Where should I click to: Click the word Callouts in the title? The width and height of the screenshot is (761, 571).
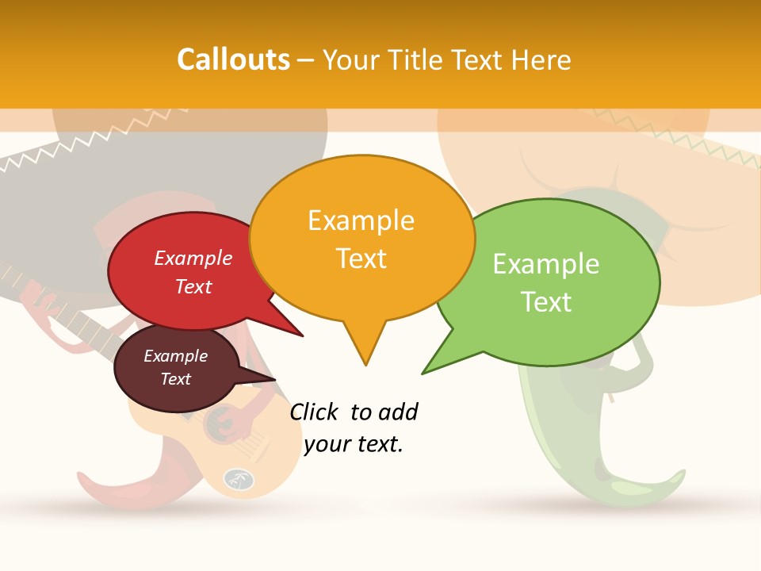click(233, 59)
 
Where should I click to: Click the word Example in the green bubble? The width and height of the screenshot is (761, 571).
click(545, 264)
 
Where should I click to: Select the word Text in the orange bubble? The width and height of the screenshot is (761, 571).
click(361, 258)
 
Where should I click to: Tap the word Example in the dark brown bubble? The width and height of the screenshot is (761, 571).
click(175, 356)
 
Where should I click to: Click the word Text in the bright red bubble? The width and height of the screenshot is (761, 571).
click(193, 286)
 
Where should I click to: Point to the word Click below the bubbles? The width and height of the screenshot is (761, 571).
click(315, 412)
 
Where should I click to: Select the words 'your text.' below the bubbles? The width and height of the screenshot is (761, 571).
click(354, 443)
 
